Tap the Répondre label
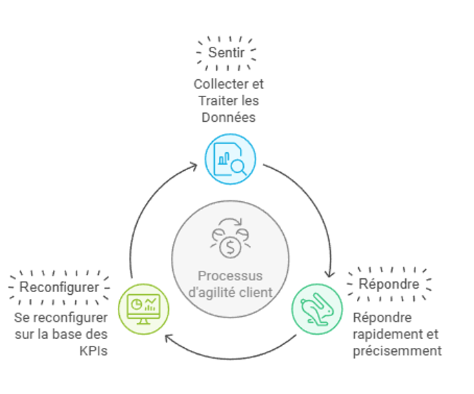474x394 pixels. (389, 284)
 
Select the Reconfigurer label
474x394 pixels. (59, 287)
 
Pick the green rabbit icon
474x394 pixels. (316, 307)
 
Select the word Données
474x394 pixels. (229, 117)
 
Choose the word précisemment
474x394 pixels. (397, 351)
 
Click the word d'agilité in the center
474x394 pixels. (214, 291)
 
